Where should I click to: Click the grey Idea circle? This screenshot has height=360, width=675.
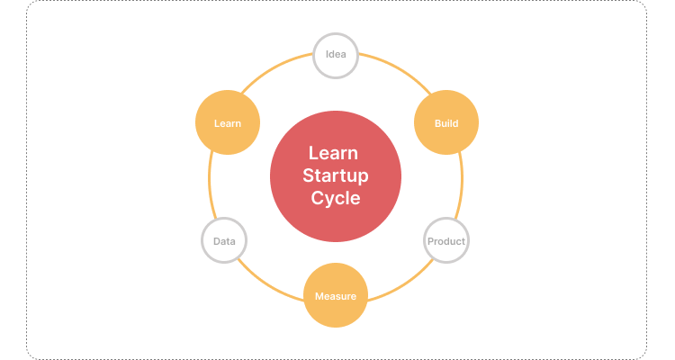[336, 56]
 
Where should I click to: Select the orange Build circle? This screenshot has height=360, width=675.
[446, 122]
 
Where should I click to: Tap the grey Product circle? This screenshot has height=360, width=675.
[446, 241]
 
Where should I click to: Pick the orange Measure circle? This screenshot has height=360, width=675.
[336, 296]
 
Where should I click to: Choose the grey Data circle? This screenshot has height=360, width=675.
[224, 241]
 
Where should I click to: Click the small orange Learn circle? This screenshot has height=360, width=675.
[228, 122]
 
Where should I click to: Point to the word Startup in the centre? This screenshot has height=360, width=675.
[336, 175]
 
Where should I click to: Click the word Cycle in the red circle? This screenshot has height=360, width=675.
[336, 199]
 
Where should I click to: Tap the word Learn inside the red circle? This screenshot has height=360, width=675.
[336, 153]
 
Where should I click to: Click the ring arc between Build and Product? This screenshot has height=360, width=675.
[462, 180]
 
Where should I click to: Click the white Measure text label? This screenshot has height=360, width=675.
[336, 296]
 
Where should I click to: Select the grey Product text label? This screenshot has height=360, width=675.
[446, 241]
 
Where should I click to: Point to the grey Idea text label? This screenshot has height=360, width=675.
[336, 56]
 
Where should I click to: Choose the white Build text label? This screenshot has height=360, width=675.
[446, 122]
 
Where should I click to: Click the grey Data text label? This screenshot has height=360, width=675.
[224, 241]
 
